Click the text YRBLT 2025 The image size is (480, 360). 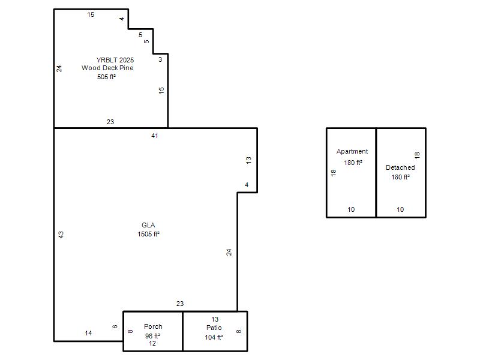tap(115, 60)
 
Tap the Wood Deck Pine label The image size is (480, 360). tap(107, 68)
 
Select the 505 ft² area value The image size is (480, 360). tap(107, 77)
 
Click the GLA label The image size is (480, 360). tap(148, 225)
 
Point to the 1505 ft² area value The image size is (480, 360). tap(148, 234)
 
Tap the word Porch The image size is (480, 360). tap(153, 326)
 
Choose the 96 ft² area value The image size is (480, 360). tap(152, 336)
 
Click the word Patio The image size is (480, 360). tap(214, 328)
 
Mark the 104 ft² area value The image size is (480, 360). tap(214, 337)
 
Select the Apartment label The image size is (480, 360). tap(352, 151)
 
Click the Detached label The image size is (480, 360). tap(400, 167)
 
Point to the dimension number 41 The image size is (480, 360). tap(155, 136)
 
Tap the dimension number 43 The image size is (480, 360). tap(61, 235)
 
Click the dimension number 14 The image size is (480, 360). tap(88, 333)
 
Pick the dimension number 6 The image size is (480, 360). tap(115, 326)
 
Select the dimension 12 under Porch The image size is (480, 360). tap(152, 343)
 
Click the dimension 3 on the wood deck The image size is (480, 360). tap(160, 59)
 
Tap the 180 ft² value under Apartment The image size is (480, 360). tap(353, 163)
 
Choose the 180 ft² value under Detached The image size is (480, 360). tap(400, 177)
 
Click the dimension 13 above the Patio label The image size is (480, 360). tap(215, 319)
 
